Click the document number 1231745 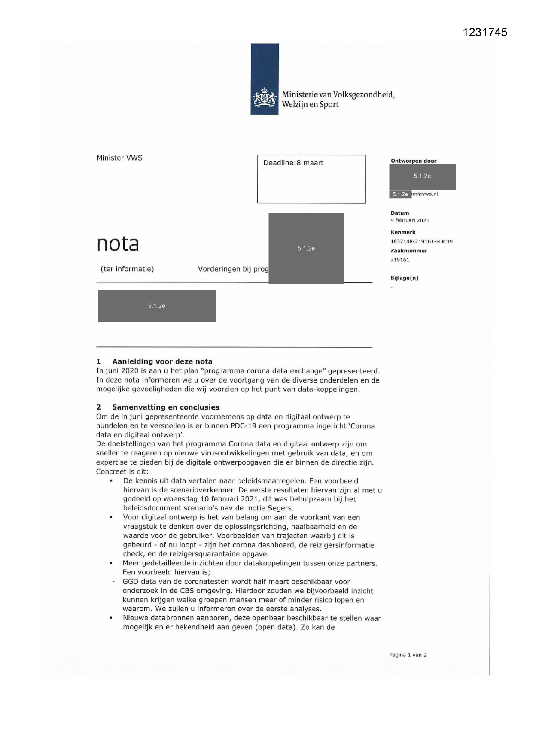pyautogui.click(x=485, y=32)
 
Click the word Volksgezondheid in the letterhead pyautogui.click(x=363, y=95)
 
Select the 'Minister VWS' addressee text pyautogui.click(x=119, y=158)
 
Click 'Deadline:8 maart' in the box pyautogui.click(x=293, y=163)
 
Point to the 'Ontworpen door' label pyautogui.click(x=413, y=161)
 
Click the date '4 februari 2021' pyautogui.click(x=410, y=220)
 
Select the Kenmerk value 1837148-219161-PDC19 pyautogui.click(x=421, y=241)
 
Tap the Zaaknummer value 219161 pyautogui.click(x=400, y=260)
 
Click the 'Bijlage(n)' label pyautogui.click(x=404, y=278)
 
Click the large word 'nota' pyautogui.click(x=118, y=244)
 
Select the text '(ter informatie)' pyautogui.click(x=127, y=269)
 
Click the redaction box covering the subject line pyautogui.click(x=306, y=249)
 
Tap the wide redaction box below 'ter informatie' pyautogui.click(x=156, y=306)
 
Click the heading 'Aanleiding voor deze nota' pyautogui.click(x=162, y=361)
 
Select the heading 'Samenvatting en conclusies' pyautogui.click(x=165, y=407)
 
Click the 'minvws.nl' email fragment pyautogui.click(x=425, y=194)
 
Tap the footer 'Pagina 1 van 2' pyautogui.click(x=408, y=655)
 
